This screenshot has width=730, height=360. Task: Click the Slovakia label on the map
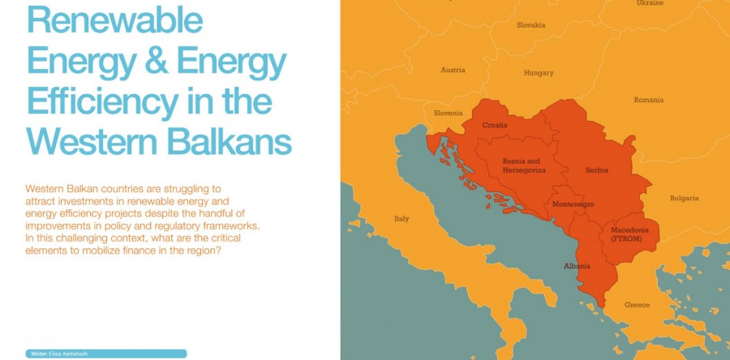(530, 25)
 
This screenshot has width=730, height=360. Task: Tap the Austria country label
(453, 70)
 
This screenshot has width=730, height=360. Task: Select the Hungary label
(539, 73)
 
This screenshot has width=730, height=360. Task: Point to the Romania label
(648, 100)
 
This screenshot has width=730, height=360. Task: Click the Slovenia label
(448, 113)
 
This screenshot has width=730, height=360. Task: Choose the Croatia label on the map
(495, 125)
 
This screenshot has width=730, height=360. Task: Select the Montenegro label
(573, 204)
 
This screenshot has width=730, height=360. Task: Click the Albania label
(578, 266)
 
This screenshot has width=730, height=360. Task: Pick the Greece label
(637, 305)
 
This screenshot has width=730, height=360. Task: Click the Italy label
(401, 219)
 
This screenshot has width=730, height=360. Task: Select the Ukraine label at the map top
(650, 3)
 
